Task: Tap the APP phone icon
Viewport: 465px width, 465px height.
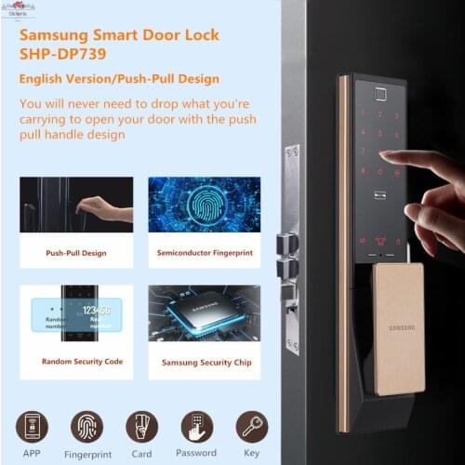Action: tap(32, 426)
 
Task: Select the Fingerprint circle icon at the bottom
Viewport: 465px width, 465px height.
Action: tap(86, 426)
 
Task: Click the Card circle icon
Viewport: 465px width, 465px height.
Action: tap(141, 426)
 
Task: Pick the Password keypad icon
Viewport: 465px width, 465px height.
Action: tap(196, 426)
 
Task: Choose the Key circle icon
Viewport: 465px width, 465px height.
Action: tap(251, 426)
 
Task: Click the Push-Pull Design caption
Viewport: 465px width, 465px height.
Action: tap(76, 252)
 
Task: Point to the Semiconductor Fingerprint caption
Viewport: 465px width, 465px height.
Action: tap(204, 252)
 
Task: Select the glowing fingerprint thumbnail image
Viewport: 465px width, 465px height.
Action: tap(204, 204)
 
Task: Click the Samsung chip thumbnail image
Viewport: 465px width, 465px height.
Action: tap(204, 313)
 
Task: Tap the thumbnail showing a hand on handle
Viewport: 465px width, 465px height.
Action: tap(76, 204)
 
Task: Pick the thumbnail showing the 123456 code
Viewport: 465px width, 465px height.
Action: tap(76, 313)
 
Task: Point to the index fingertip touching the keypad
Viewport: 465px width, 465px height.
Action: tap(384, 159)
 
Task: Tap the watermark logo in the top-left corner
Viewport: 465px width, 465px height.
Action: tap(16, 8)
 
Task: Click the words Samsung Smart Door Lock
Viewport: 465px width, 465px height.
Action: tap(119, 34)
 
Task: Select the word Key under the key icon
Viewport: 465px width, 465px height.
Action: tap(251, 455)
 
